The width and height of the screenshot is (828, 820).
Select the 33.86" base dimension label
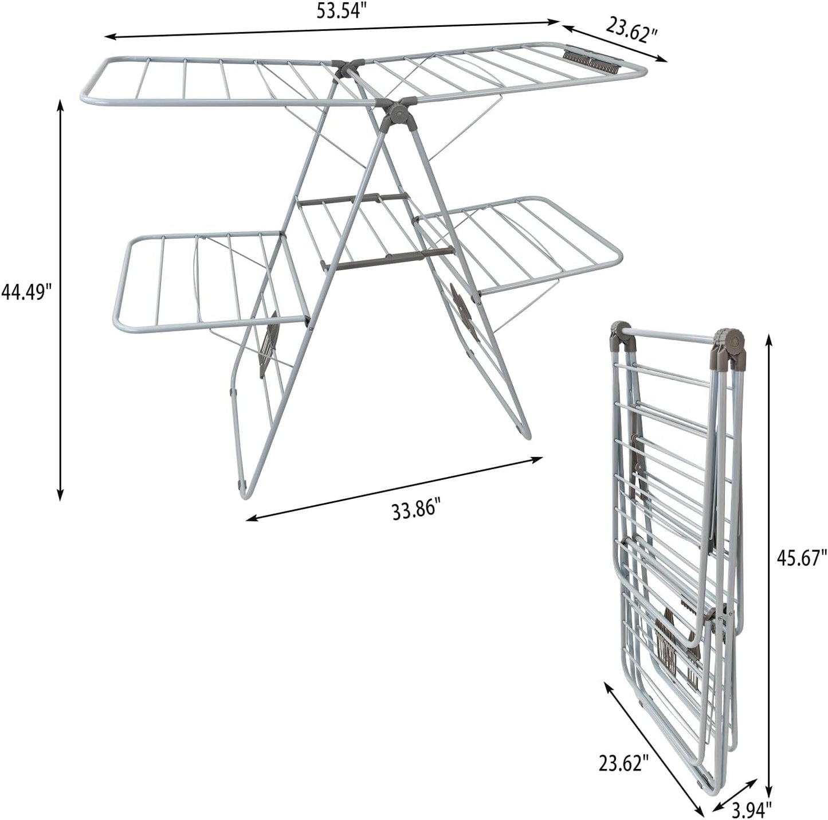[417, 509]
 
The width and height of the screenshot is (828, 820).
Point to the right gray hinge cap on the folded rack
[728, 345]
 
